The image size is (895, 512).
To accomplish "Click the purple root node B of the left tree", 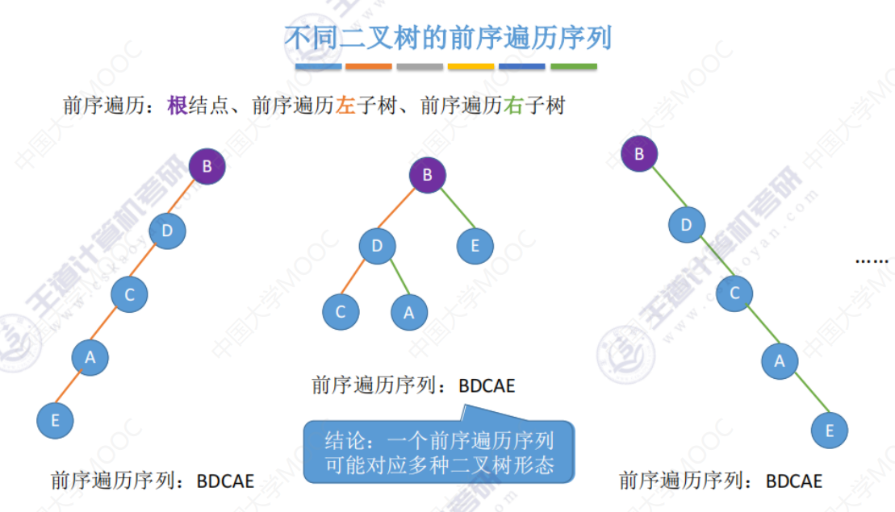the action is pos(207,167).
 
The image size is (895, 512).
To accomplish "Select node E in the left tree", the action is pos(55,420).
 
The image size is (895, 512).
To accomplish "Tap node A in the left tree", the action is pos(90,357).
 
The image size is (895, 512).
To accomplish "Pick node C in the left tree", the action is pos(129,294).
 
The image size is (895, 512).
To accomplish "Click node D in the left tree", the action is pos(167,231).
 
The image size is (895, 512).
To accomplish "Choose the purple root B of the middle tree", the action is pos(428,175).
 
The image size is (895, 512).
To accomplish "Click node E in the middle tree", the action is pos(475,246).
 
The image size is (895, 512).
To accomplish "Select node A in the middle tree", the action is pos(408,313).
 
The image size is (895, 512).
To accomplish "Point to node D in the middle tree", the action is pos(377,246).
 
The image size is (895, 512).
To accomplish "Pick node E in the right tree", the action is pos(829,431).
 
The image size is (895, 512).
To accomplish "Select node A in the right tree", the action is pos(780,361).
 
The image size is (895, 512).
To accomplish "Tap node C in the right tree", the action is pos(734,293).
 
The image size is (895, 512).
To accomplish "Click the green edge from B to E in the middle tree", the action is pos(452,211).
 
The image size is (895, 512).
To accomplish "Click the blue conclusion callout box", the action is pos(439,452).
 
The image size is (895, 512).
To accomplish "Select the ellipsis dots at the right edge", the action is pos(871,261).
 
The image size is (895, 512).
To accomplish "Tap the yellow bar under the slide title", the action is pos(471,66).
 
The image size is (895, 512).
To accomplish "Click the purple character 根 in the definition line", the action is pos(178,106).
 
